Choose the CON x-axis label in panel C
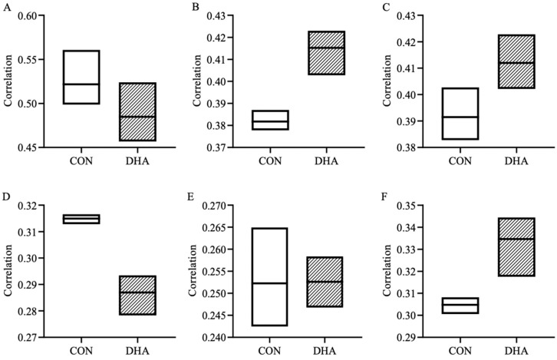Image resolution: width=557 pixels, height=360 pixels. point(460,161)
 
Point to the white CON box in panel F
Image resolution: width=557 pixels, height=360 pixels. point(460,306)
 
